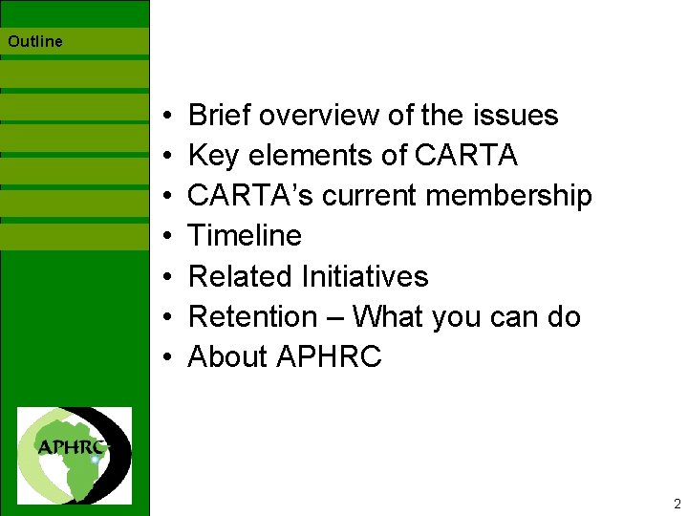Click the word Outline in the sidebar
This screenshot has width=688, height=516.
tap(35, 41)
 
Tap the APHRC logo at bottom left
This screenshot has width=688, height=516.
tap(75, 455)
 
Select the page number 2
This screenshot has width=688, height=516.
tap(677, 504)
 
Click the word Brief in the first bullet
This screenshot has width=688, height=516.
tap(220, 116)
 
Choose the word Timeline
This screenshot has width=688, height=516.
tap(245, 235)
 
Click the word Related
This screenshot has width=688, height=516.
tap(241, 276)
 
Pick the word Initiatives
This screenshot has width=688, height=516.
tap(365, 276)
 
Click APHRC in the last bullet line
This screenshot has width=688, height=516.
tap(329, 357)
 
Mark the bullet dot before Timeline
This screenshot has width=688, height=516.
tap(167, 237)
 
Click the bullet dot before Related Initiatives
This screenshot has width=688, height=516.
tap(167, 277)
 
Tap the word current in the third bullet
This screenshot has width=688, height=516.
tap(370, 196)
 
